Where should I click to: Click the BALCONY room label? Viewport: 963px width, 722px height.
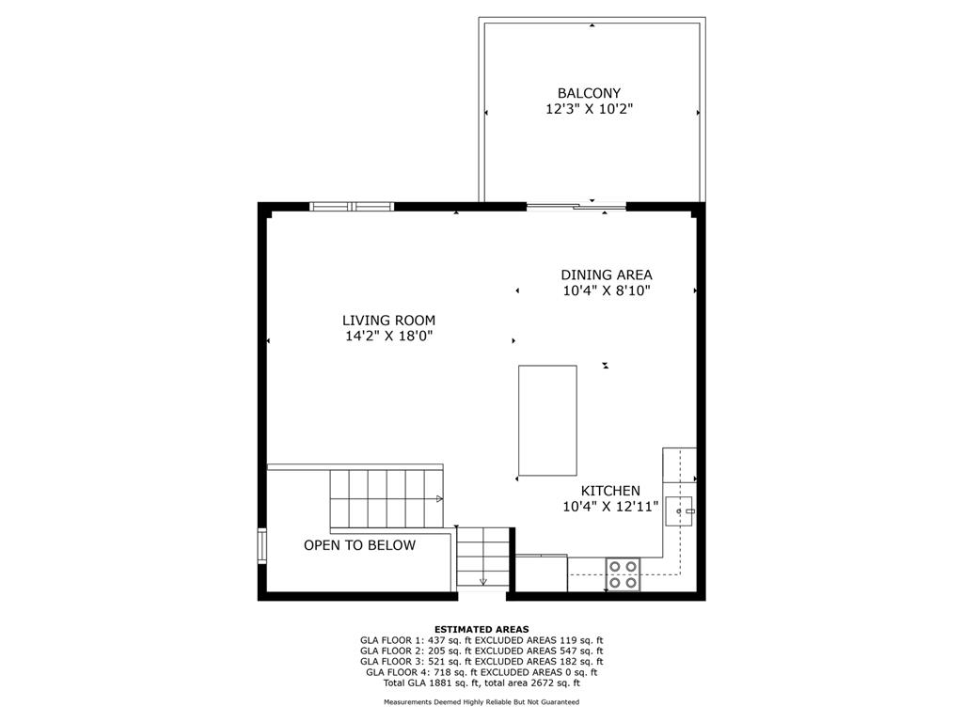click(x=589, y=93)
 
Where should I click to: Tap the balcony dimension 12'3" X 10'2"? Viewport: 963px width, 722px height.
click(x=589, y=109)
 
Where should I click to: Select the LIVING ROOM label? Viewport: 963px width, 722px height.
click(x=388, y=320)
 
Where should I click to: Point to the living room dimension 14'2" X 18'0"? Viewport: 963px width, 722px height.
click(x=388, y=336)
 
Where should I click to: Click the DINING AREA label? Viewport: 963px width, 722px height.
click(x=607, y=275)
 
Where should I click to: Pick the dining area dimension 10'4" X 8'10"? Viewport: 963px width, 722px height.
click(x=607, y=290)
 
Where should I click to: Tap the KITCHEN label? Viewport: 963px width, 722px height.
click(x=610, y=491)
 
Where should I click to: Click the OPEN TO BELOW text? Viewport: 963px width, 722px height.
click(x=359, y=545)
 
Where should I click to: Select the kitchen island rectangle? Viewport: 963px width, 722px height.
click(x=547, y=420)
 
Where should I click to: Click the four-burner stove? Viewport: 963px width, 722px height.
click(x=623, y=573)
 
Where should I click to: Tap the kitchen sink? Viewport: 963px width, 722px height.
click(x=679, y=511)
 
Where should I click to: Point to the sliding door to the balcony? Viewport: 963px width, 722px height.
click(x=576, y=206)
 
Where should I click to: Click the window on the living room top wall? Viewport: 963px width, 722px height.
click(x=352, y=206)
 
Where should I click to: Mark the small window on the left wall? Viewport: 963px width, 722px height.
click(x=262, y=546)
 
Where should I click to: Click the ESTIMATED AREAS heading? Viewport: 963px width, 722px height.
click(x=481, y=629)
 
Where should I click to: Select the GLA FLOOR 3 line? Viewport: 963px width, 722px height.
click(x=481, y=662)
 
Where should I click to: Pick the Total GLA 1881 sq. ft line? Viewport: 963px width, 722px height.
click(x=481, y=683)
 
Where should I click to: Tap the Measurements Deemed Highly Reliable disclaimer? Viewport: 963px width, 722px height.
click(x=481, y=702)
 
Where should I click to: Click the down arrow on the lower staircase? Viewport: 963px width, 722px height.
click(x=483, y=580)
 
